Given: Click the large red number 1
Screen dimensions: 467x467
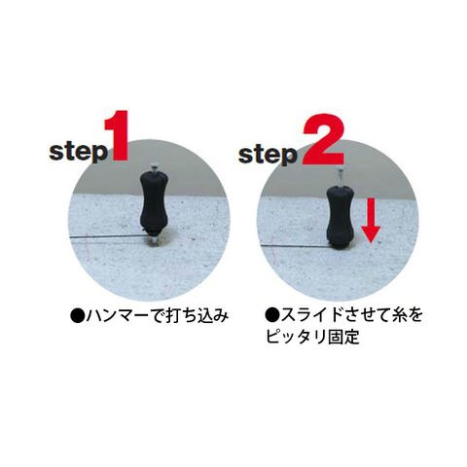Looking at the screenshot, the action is (118, 136).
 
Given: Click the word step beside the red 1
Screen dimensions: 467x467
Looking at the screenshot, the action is (78, 152).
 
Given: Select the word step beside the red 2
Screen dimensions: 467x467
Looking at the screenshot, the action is (268, 155).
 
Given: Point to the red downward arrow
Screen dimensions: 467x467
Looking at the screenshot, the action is (371, 221).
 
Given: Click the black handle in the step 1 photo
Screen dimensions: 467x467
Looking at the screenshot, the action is (153, 201).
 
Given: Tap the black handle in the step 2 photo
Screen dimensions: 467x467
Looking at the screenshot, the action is (340, 215).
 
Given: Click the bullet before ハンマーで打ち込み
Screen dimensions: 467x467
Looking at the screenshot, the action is (77, 316).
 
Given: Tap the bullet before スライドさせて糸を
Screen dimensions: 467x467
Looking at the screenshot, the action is (271, 315).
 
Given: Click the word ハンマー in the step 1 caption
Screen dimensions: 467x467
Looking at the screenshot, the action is (116, 316).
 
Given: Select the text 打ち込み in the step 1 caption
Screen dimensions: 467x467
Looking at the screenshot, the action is (198, 316).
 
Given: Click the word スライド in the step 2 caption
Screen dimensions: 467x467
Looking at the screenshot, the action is (312, 315).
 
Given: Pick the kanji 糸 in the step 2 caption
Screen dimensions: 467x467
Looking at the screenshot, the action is (400, 315).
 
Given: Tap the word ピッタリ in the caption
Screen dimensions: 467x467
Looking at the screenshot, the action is (296, 337).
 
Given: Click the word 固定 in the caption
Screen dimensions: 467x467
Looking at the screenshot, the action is (343, 337).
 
